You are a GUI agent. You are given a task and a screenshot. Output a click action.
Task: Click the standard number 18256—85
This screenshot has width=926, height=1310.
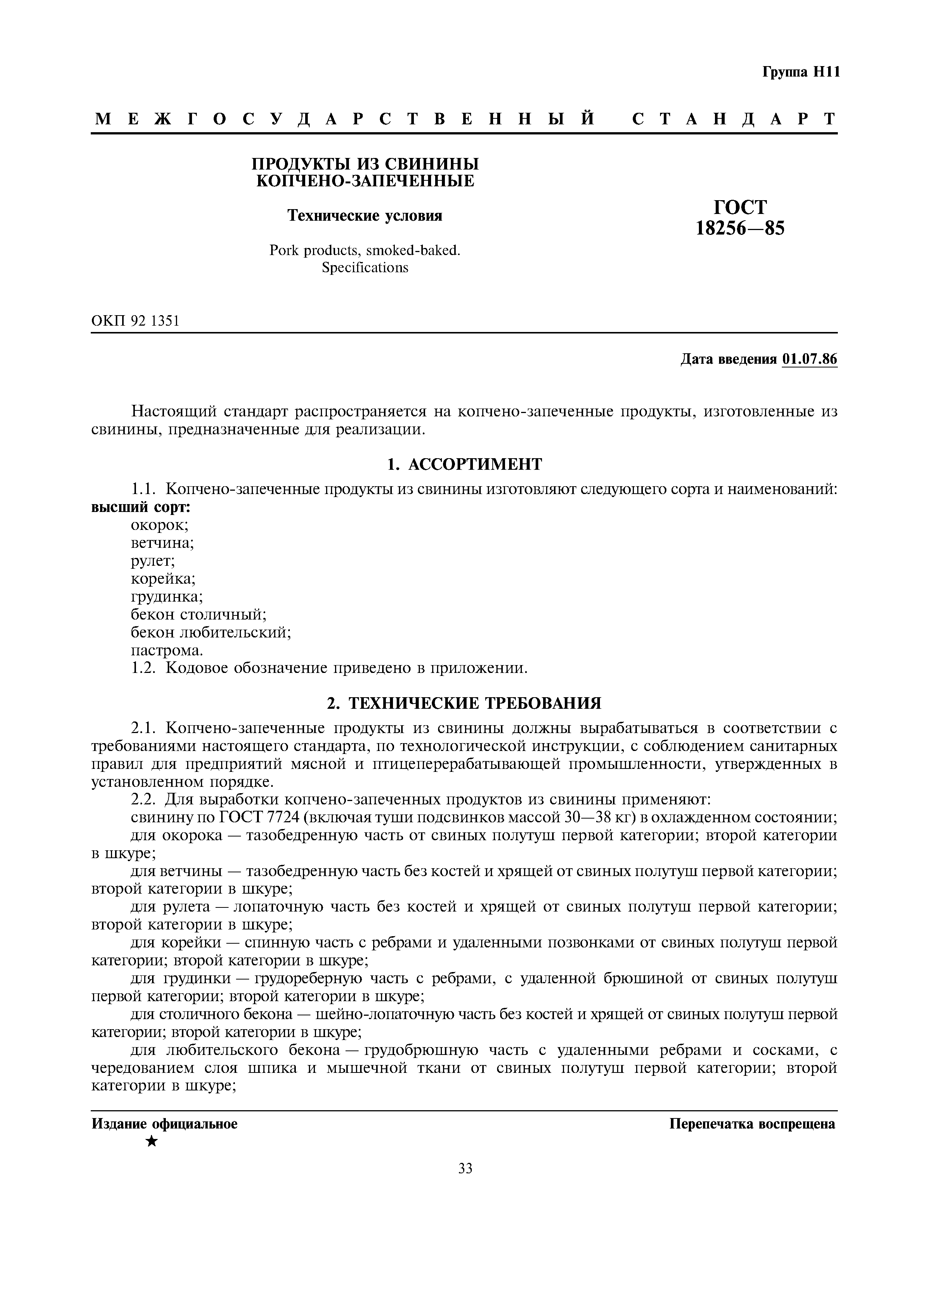[740, 228]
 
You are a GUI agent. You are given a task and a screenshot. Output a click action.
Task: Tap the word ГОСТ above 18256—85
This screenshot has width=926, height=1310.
[740, 207]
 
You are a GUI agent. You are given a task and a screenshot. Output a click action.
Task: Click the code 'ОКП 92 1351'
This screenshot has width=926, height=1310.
[135, 321]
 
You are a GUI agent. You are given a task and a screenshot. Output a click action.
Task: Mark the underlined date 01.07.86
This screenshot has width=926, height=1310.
[809, 360]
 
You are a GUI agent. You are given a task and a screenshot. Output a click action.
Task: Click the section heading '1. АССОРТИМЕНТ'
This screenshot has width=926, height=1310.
[464, 465]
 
